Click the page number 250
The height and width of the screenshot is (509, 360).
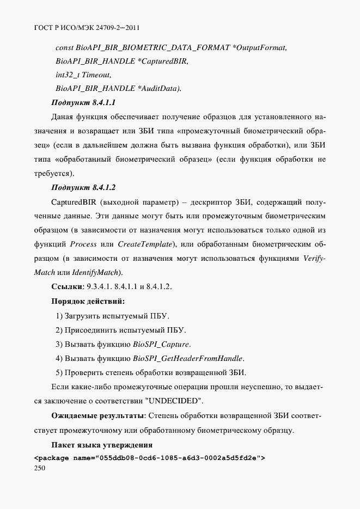point(40,468)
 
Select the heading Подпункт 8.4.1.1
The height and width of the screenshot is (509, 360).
point(83,102)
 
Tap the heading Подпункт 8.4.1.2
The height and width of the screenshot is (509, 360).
point(83,188)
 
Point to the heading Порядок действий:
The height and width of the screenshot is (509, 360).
point(88,301)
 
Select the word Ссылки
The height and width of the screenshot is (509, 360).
point(66,287)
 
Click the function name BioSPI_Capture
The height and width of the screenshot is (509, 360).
point(162,345)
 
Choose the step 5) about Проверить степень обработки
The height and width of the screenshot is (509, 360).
point(151,373)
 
